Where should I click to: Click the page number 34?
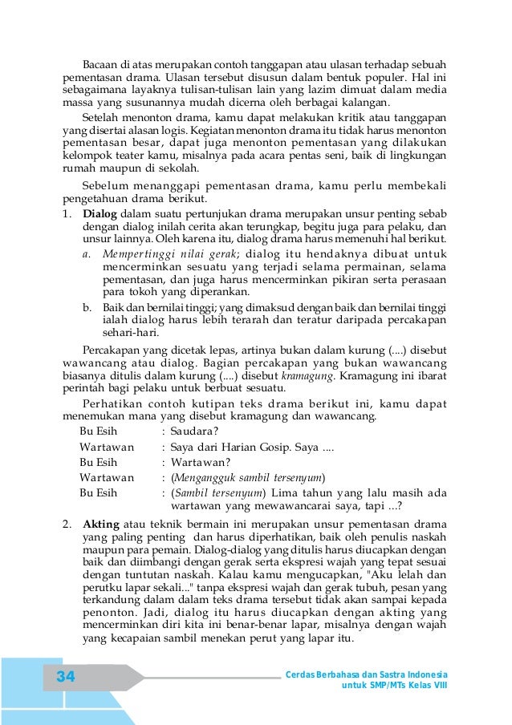(x=66, y=678)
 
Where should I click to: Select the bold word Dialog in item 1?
(x=100, y=214)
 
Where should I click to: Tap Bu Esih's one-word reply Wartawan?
(x=201, y=462)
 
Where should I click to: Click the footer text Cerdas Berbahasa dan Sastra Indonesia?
(x=367, y=674)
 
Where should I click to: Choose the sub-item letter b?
(x=87, y=307)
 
